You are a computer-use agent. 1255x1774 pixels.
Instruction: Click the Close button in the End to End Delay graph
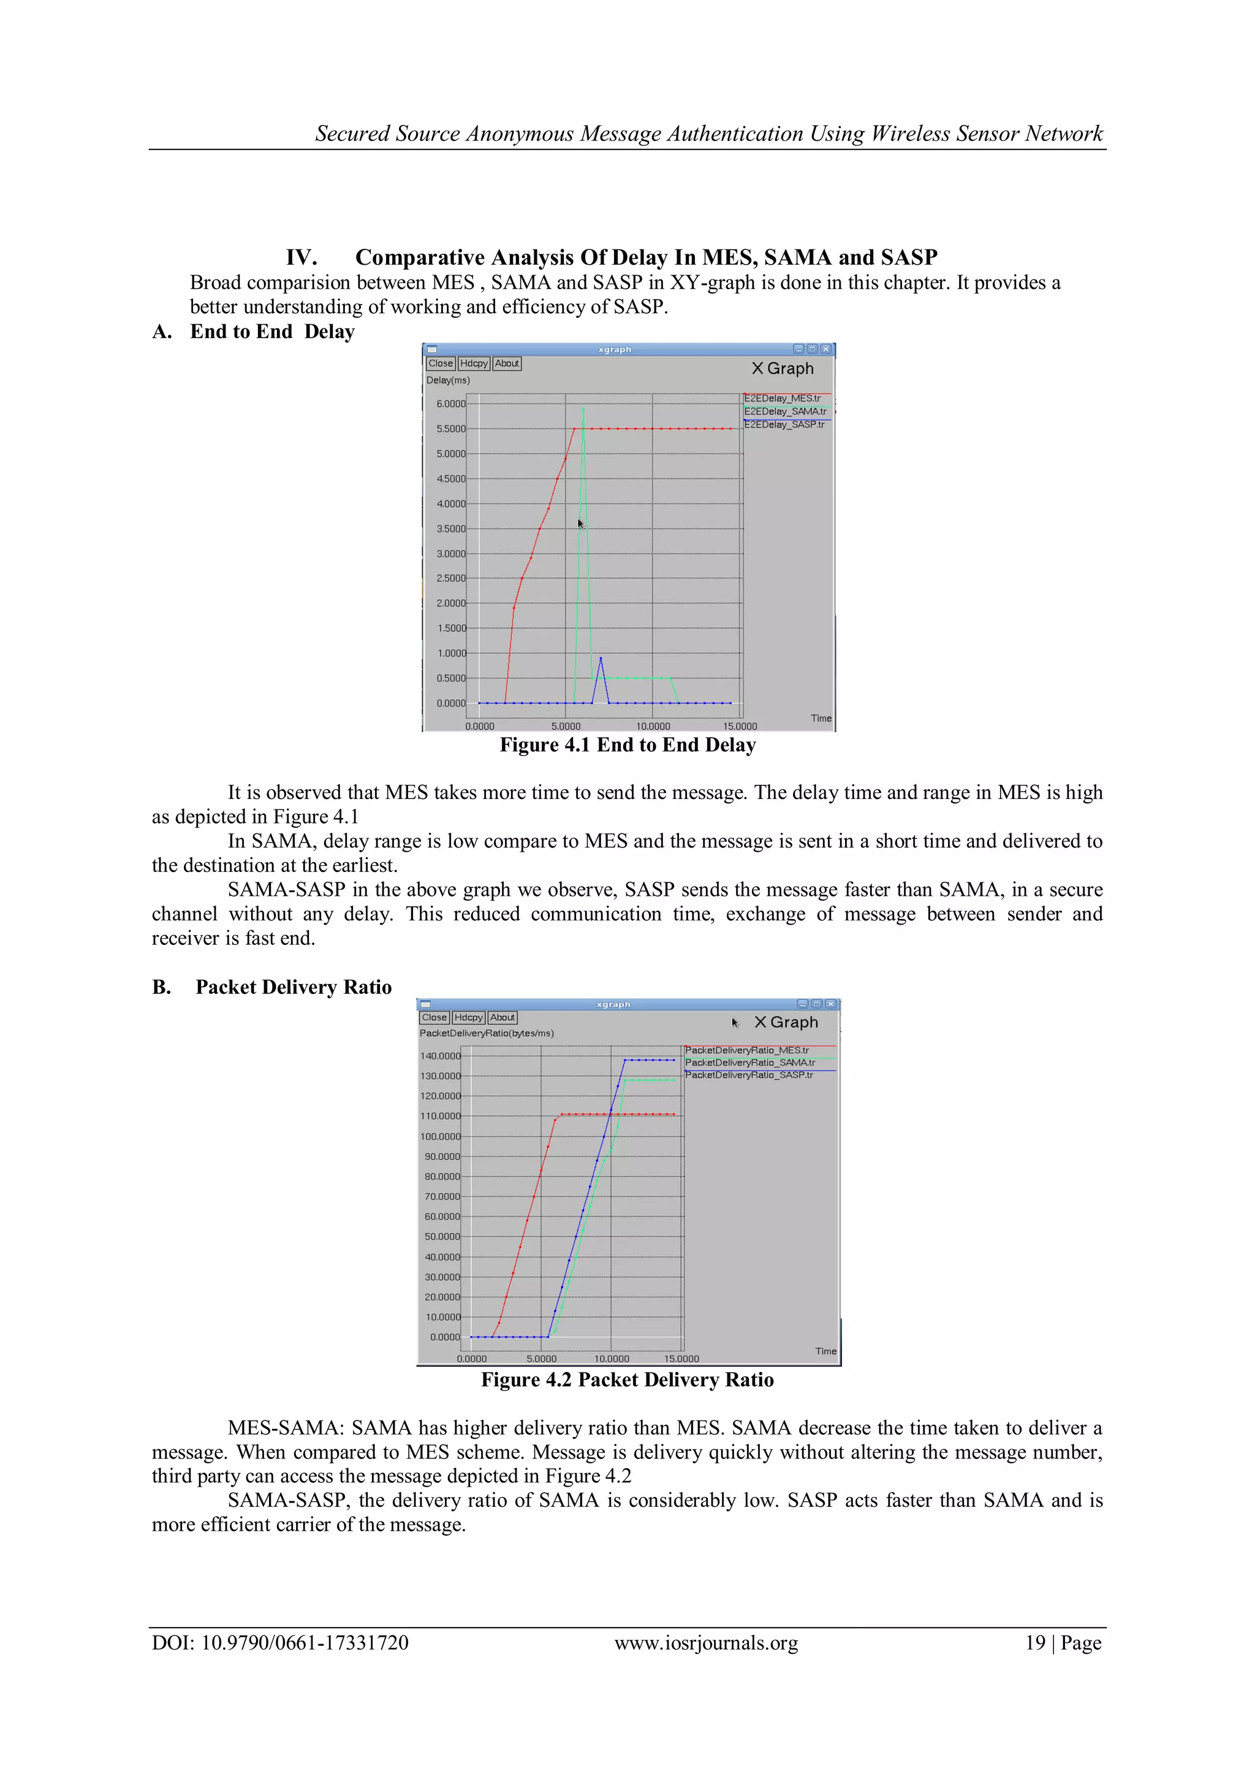click(441, 363)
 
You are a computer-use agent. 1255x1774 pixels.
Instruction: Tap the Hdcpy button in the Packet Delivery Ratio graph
click(468, 1018)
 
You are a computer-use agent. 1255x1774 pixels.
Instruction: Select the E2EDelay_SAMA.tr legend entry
click(784, 412)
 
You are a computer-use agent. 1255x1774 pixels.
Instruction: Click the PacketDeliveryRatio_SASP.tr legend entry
click(748, 1075)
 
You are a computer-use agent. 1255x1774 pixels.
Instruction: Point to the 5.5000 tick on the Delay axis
click(450, 429)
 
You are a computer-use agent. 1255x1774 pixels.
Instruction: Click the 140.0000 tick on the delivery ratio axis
click(440, 1056)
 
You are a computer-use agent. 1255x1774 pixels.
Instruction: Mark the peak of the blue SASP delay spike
click(601, 658)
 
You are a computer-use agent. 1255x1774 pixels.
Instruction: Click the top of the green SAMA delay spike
click(583, 408)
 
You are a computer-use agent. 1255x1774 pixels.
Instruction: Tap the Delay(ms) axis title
click(447, 380)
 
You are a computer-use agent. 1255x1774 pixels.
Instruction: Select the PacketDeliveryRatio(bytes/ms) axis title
click(486, 1033)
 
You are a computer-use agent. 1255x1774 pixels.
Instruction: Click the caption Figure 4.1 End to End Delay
click(627, 745)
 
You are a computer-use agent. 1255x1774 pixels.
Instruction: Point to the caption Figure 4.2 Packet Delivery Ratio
click(627, 1380)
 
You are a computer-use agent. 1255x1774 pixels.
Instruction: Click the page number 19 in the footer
click(1035, 1643)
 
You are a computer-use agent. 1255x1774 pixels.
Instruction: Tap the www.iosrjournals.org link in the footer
click(705, 1643)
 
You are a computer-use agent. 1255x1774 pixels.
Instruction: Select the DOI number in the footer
click(305, 1643)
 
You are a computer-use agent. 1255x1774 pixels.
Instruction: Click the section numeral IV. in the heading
click(301, 257)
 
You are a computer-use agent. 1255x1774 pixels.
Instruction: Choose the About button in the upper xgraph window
click(507, 363)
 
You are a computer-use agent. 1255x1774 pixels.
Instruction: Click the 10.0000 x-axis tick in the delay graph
click(653, 726)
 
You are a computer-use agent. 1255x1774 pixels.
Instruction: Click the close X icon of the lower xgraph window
click(831, 1004)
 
